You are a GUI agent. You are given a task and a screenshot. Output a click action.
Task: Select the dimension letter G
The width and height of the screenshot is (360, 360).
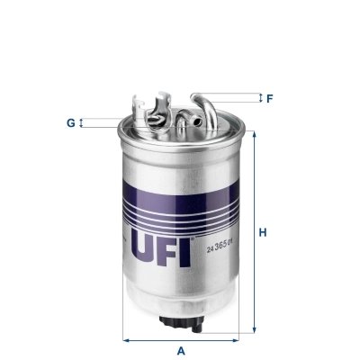[70, 121]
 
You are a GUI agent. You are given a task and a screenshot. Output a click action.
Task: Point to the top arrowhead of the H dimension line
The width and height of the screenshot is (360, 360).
[253, 134]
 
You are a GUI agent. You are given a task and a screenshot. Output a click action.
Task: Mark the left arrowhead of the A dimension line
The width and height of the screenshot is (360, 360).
[125, 338]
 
